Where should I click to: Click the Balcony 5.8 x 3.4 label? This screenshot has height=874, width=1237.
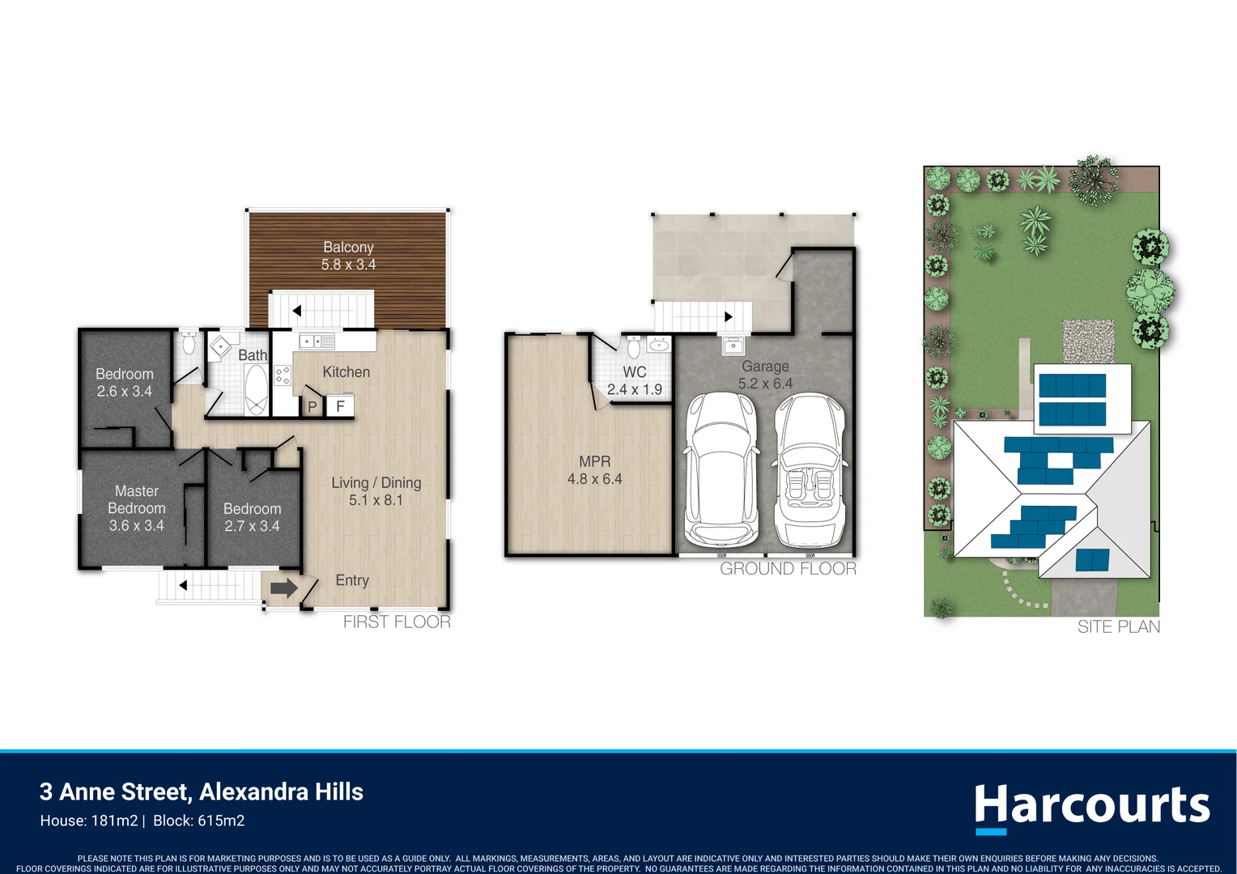[348, 256]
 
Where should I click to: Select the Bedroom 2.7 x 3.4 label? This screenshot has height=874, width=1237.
[252, 517]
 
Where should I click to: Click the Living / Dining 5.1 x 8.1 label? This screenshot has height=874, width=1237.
[376, 491]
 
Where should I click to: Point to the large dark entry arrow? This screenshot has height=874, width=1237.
[283, 588]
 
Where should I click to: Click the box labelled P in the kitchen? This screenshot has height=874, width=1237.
[312, 406]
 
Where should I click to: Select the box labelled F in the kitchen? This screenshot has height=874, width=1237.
[340, 405]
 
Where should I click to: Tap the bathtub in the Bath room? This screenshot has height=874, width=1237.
[255, 390]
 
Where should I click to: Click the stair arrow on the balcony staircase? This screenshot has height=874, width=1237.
[297, 311]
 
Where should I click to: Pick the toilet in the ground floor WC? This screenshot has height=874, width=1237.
[633, 347]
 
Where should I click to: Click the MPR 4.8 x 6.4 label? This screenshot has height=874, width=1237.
[594, 470]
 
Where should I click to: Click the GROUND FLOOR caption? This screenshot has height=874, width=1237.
[788, 569]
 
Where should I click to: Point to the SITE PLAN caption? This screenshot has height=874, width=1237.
[1118, 626]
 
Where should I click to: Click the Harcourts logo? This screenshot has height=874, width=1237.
[1091, 807]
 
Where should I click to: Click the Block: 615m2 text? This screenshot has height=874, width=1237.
[198, 821]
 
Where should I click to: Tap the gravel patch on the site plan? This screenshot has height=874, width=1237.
[1087, 341]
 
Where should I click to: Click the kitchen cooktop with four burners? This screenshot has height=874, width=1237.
[283, 375]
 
